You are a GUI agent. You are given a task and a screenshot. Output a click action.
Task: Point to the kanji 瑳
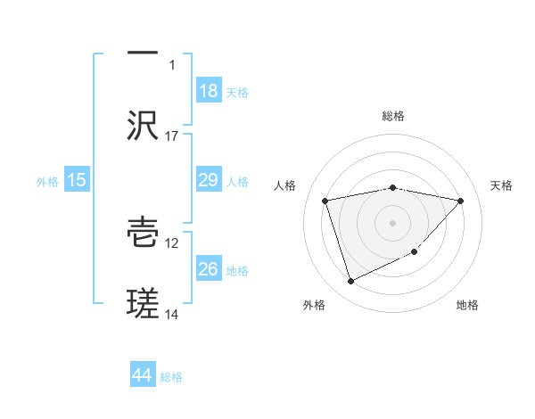click(143, 305)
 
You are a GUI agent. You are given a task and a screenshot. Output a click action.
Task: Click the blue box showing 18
click(209, 91)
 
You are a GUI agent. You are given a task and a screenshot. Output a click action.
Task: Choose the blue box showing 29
click(209, 181)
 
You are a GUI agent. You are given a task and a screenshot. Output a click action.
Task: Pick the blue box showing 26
click(209, 269)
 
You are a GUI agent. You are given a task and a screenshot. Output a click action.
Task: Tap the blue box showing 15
click(77, 181)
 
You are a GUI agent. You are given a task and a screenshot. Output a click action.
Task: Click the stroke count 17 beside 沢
click(172, 136)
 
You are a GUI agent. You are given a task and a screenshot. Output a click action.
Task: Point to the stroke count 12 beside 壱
click(172, 242)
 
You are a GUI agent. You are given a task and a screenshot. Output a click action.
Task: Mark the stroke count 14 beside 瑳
click(172, 315)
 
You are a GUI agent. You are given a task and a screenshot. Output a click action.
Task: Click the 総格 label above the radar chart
click(393, 116)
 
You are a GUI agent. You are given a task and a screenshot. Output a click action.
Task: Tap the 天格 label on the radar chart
click(502, 185)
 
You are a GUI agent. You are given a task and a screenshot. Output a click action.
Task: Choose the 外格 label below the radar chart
click(314, 305)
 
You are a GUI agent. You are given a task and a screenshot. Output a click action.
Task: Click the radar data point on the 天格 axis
click(460, 201)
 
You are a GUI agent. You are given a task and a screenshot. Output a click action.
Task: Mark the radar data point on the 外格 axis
click(350, 282)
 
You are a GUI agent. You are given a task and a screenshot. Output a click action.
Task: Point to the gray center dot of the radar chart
click(393, 222)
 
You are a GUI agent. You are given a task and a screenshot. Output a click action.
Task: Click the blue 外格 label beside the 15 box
click(47, 182)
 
